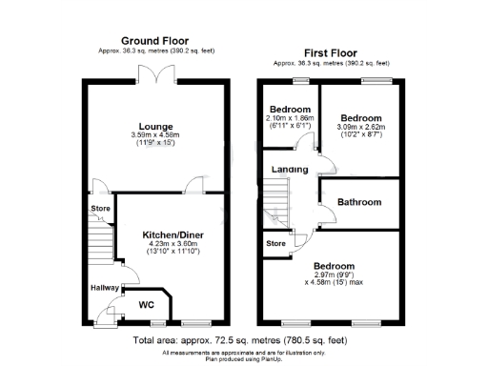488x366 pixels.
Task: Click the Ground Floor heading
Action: point(152,40)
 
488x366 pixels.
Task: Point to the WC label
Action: point(147,305)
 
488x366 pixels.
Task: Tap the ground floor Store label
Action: point(100,207)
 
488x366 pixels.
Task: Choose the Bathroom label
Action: point(359,202)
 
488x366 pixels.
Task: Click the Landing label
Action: point(290,170)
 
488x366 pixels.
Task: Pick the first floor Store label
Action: point(275,244)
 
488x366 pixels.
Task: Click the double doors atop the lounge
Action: point(152,74)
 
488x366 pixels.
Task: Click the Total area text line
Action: point(243,340)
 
